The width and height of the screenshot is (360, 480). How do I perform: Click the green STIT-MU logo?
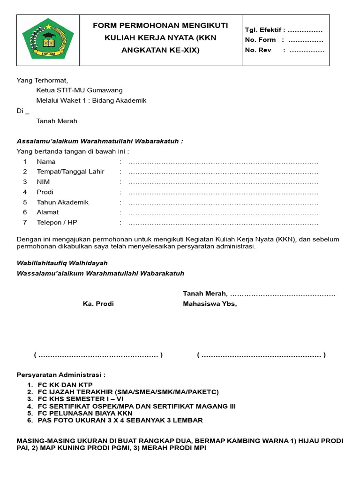point(48,39)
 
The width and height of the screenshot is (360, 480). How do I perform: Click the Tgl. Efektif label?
point(265,30)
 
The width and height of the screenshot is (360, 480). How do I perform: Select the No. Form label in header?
point(261,40)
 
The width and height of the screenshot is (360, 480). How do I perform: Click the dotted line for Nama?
point(223,162)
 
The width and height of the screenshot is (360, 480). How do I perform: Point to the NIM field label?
point(43,182)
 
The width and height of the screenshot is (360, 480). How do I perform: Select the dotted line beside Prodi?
point(223,192)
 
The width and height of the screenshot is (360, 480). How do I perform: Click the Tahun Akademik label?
point(62,202)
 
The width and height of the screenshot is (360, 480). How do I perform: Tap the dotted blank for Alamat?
point(223,213)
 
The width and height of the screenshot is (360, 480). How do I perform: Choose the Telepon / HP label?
point(57,223)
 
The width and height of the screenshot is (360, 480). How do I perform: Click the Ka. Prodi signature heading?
point(98,304)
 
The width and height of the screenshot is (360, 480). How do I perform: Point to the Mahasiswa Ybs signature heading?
point(210,304)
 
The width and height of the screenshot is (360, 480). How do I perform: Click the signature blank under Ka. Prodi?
point(98,355)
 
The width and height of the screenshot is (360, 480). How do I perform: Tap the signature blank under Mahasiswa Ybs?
point(261,355)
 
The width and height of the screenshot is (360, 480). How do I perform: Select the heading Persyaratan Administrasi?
point(61,375)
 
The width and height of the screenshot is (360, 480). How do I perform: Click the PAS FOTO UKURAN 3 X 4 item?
point(120,420)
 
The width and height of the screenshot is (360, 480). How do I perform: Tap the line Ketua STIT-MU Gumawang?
point(80,90)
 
